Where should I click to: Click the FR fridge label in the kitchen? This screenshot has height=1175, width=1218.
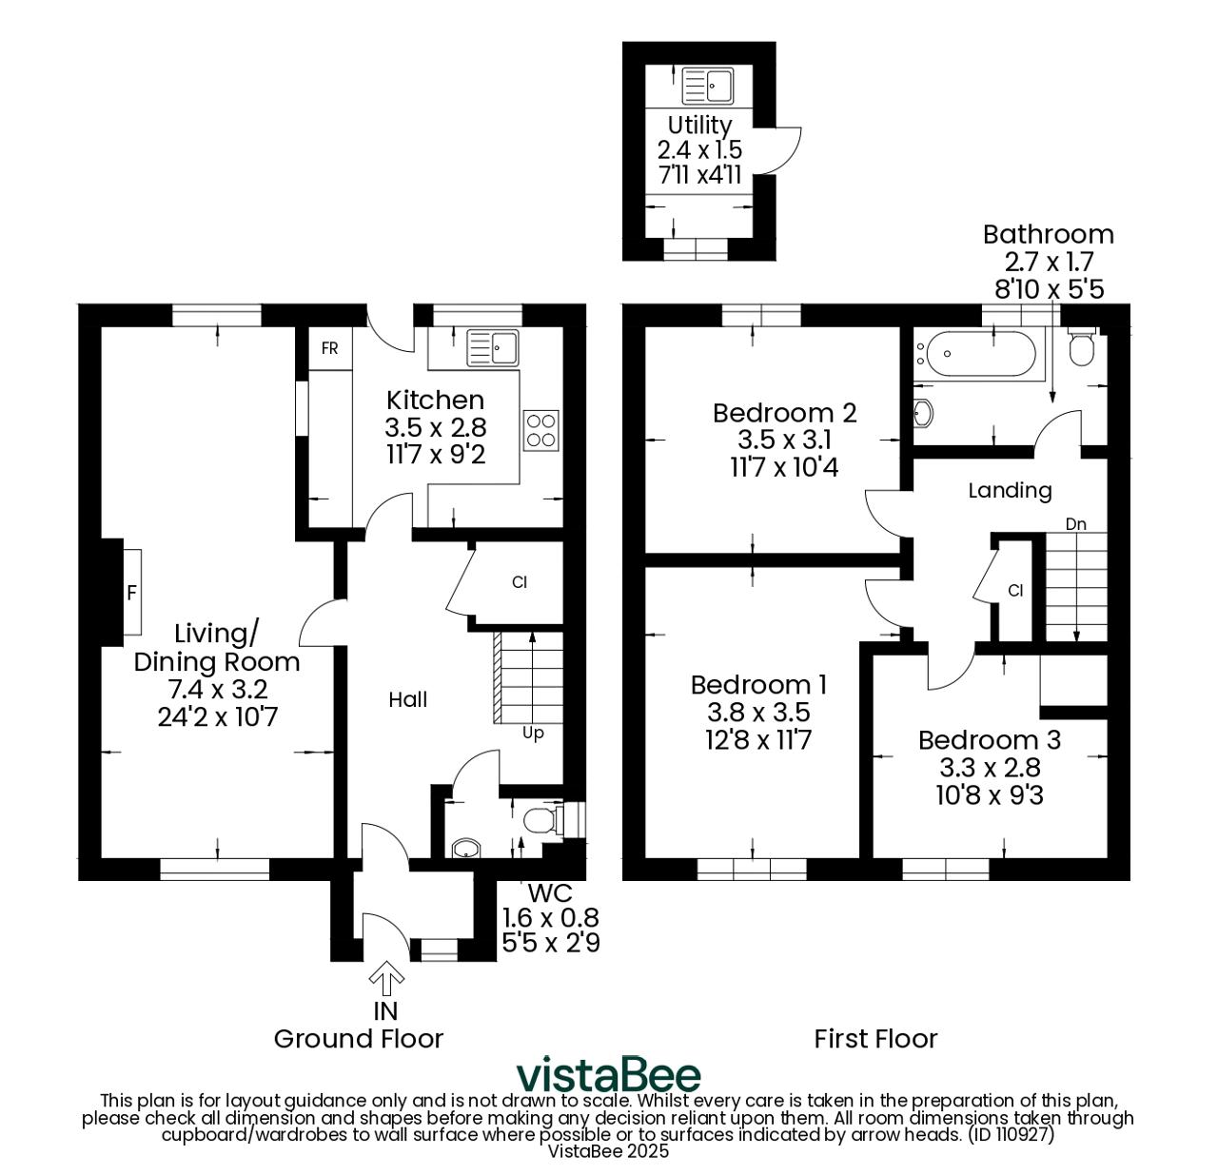point(329,348)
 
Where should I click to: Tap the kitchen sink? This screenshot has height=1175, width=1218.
point(493,348)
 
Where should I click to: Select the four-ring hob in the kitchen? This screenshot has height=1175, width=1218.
point(541,430)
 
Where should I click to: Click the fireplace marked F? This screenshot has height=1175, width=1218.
point(131,592)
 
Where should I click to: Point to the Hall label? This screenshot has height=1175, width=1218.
point(407,699)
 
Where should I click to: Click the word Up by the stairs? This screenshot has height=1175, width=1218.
point(533,734)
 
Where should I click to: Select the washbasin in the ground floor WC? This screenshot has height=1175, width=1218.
point(465,849)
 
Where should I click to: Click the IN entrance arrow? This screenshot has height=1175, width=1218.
point(386,978)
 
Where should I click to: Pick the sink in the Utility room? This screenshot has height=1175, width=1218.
point(707,87)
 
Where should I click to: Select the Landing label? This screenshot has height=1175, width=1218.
point(1010,491)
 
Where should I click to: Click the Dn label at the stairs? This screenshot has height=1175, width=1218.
point(1076,523)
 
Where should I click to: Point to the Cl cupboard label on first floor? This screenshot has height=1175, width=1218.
point(1015,590)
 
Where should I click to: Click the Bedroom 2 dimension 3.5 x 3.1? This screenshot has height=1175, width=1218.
point(784,440)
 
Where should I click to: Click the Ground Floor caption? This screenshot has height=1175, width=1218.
point(359,1039)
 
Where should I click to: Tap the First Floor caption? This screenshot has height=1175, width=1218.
point(875,1039)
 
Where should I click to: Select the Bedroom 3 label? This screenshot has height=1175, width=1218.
point(990,740)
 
